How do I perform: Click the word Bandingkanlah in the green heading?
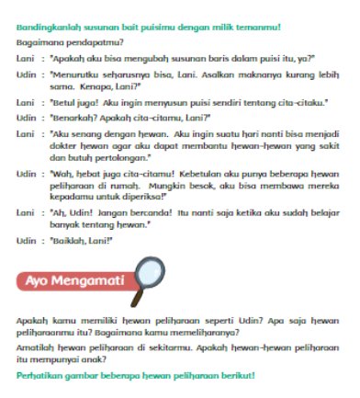point(47,27)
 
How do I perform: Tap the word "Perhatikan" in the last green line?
point(37,376)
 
